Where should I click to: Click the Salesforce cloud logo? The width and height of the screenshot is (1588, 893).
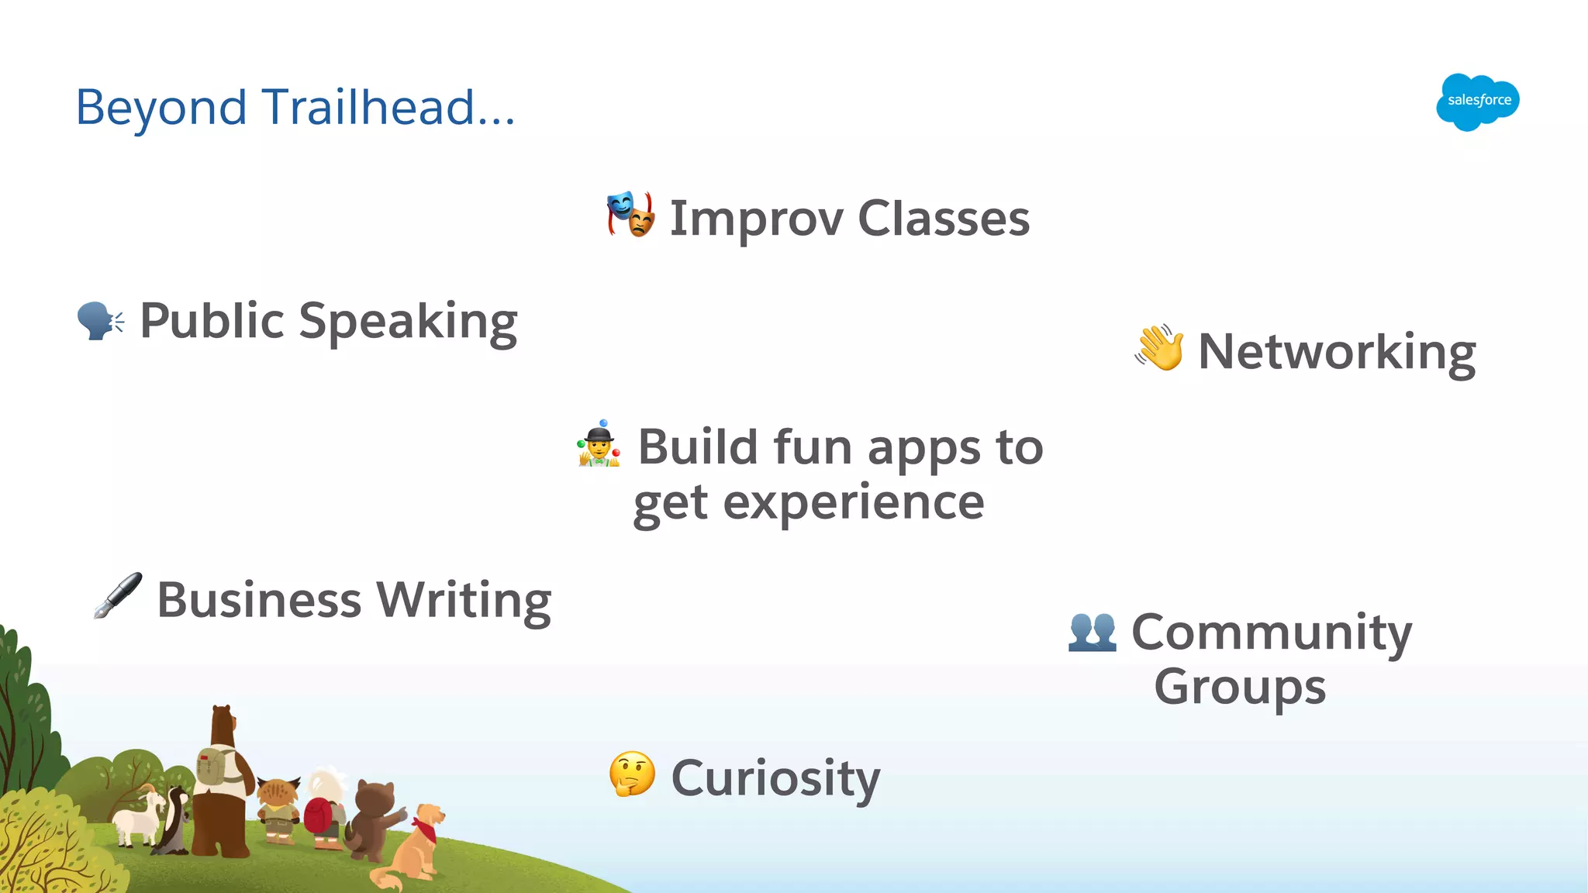point(1477,102)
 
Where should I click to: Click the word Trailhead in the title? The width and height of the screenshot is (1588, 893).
point(368,107)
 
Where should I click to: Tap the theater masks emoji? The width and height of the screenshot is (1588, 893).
point(630,214)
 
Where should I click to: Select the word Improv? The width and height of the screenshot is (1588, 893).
point(756,219)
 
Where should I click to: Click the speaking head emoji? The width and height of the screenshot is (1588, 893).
point(100,320)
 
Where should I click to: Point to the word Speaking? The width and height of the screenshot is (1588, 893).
point(408,322)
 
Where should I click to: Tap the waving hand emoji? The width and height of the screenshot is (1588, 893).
point(1159,348)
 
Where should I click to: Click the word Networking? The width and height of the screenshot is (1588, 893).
point(1336,353)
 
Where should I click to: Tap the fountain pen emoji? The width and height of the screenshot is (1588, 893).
point(118,595)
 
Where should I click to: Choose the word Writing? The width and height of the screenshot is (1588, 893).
point(464,601)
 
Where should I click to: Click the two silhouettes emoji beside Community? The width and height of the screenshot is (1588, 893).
point(1092,632)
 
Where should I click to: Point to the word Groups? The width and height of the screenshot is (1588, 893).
point(1239,688)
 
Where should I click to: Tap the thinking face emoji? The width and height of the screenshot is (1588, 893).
point(632,774)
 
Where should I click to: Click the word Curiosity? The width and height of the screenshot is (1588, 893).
point(775,778)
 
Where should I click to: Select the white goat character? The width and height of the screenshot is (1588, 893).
point(138,818)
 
